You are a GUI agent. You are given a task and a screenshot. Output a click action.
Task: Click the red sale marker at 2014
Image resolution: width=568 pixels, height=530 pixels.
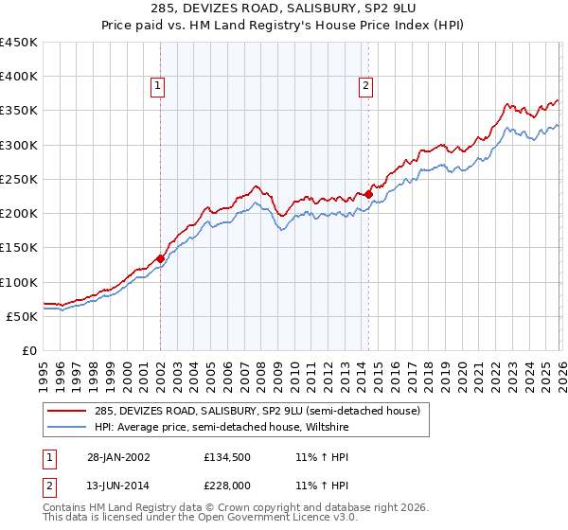click(368, 194)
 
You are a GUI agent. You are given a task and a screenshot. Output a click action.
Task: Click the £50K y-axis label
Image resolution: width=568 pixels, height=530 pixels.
click(23, 316)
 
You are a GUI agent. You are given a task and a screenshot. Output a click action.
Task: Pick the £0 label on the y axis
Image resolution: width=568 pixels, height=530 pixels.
click(30, 350)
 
